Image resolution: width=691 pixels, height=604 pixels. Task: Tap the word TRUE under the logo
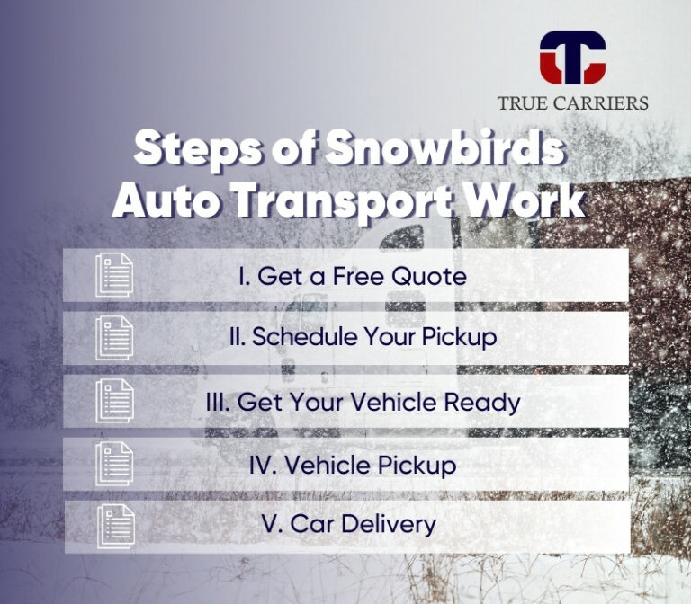(x=523, y=102)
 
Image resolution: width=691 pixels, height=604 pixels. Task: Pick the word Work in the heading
(x=535, y=202)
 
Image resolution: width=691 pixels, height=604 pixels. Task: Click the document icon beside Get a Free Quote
(x=114, y=274)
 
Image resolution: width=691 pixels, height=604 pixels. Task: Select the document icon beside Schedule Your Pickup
(x=114, y=338)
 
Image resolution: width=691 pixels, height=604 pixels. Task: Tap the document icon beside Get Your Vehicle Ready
(x=114, y=401)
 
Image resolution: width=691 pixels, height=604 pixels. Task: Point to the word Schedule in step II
(x=292, y=338)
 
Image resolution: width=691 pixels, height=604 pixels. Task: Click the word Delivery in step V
(x=385, y=525)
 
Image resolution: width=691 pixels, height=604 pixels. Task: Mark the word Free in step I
(x=363, y=276)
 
